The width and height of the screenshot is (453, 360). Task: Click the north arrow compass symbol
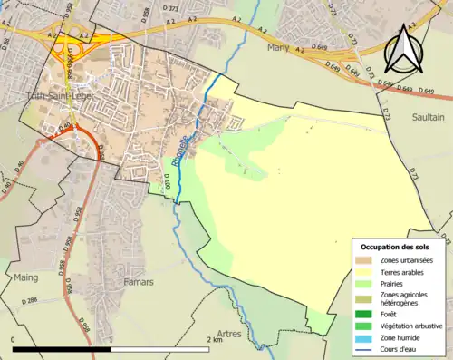tap(406, 47)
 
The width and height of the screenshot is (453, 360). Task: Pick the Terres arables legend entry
tap(404, 271)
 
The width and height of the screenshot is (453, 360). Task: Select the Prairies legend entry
tap(395, 283)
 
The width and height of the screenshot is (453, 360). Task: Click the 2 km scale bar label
tap(214, 340)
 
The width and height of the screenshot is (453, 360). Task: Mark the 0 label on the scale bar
tap(14, 340)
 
